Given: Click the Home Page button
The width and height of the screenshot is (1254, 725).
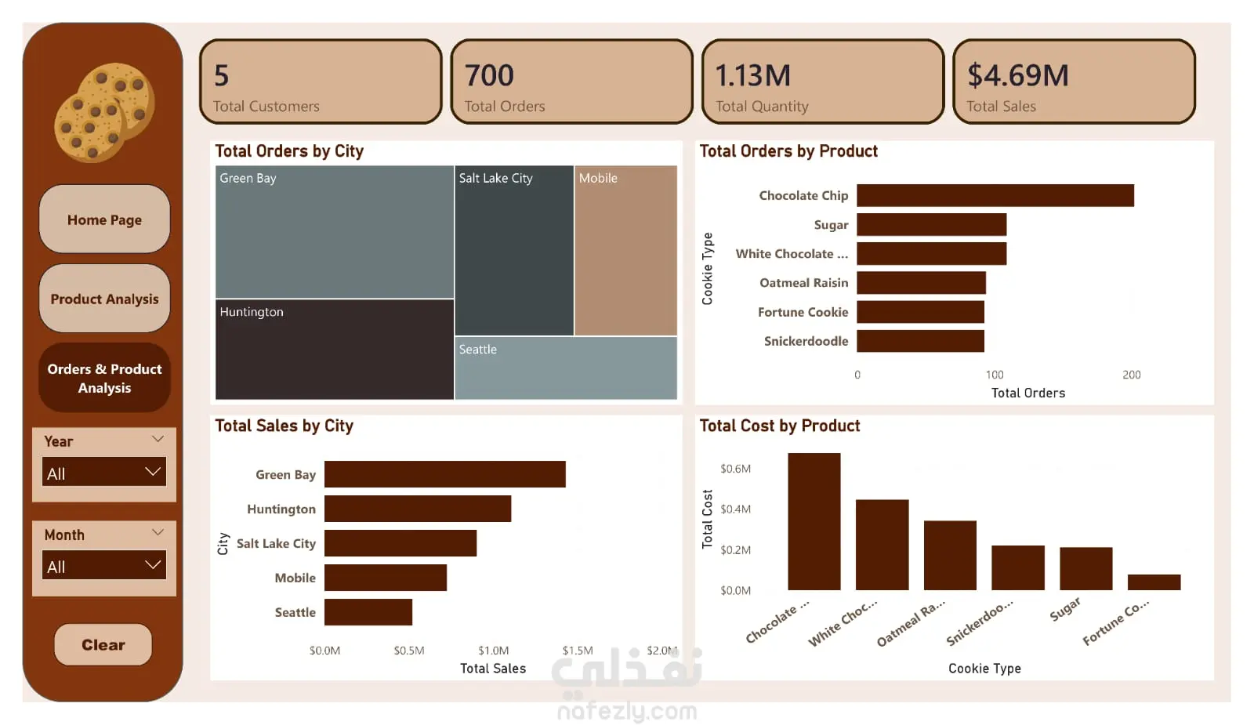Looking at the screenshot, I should [x=104, y=219].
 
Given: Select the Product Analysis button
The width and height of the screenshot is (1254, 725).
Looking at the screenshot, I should [x=104, y=299].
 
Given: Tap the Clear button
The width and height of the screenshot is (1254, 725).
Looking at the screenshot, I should [x=103, y=644].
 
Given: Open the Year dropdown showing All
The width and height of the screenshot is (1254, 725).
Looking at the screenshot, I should [x=104, y=473].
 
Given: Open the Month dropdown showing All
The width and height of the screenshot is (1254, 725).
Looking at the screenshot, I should [x=104, y=566].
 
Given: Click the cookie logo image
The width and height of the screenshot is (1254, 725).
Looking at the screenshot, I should [x=104, y=112].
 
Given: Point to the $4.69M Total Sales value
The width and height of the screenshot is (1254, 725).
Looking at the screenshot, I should [x=1017, y=76].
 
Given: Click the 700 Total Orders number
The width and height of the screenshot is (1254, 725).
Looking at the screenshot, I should [x=489, y=76].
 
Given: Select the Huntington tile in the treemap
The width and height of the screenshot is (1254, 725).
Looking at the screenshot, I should [x=334, y=350].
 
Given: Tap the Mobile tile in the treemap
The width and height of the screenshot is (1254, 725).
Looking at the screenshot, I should [x=625, y=251].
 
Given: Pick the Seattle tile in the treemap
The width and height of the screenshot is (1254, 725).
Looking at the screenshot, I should [x=565, y=368].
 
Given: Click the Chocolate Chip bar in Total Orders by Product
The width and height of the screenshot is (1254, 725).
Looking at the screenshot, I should [x=995, y=195].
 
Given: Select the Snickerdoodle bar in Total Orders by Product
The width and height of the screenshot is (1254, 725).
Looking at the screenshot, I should [x=920, y=341].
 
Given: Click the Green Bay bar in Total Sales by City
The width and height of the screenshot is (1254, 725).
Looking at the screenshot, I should [x=444, y=474].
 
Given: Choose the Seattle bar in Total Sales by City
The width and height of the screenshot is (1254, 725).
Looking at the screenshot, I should [x=368, y=612].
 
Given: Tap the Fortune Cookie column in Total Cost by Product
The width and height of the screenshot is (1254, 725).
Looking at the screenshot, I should [x=1154, y=582].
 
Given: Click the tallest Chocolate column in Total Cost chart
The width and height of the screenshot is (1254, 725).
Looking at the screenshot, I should [x=814, y=521].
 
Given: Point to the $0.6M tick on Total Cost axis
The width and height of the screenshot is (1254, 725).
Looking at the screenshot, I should [x=735, y=469].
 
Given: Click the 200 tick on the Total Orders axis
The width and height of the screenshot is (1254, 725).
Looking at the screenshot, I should [x=1131, y=375].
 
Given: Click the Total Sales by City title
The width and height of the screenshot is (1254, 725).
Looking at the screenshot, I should [x=284, y=426].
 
